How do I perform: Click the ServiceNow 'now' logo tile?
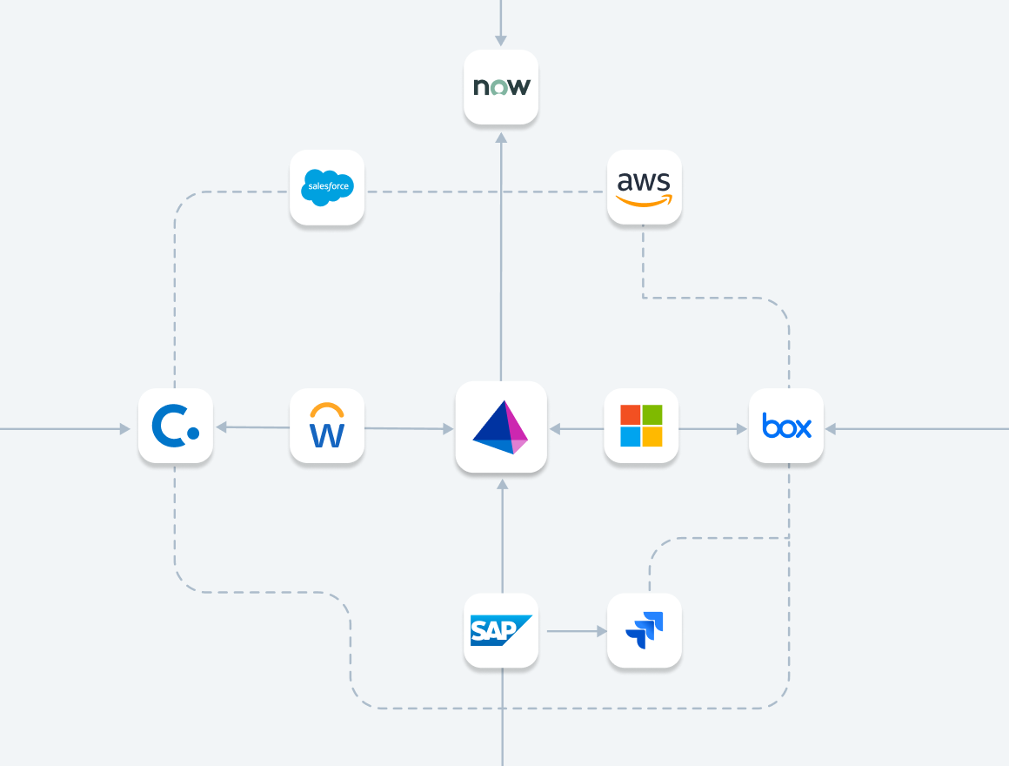tap(501, 87)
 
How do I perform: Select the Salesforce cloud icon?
tap(327, 187)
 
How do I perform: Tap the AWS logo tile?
tap(644, 187)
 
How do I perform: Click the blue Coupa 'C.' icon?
tap(175, 427)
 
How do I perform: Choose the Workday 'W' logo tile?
tap(327, 427)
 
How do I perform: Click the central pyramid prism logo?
tap(501, 427)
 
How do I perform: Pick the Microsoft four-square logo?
tap(641, 426)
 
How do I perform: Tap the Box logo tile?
tap(786, 427)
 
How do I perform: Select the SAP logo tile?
tap(501, 630)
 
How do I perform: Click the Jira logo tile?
tap(644, 630)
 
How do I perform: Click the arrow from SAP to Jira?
tap(573, 630)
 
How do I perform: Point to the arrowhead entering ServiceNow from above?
tap(501, 40)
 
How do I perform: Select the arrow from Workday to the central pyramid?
tap(409, 428)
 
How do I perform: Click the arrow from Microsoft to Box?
tap(713, 428)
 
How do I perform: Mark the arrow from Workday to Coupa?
tap(252, 427)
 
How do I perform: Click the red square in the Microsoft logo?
tap(630, 414)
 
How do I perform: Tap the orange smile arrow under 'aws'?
tap(645, 200)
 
